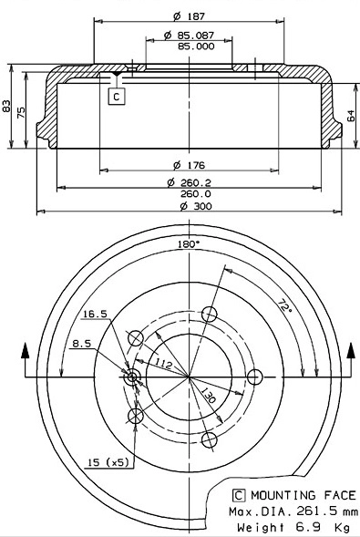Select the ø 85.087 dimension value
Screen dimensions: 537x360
pos(190,35)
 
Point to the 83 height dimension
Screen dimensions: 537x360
pos(7,108)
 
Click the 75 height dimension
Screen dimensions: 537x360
pos(24,109)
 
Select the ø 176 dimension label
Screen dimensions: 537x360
pos(189,164)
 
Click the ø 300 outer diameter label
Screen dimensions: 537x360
pos(189,206)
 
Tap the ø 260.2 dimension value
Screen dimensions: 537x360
pos(189,182)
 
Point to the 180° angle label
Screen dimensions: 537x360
pos(189,243)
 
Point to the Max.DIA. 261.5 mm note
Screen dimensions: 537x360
pos(294,511)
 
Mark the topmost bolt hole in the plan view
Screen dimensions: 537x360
pos(211,315)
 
